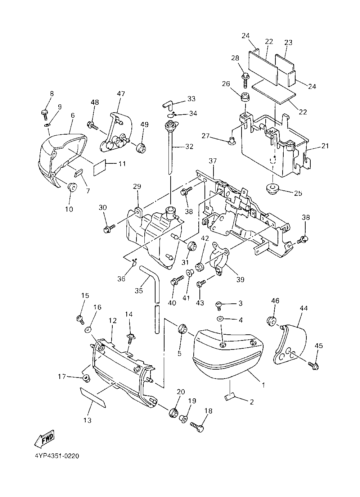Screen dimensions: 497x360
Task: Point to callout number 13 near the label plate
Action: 87,420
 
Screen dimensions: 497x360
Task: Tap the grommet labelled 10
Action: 72,187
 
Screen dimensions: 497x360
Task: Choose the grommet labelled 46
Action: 273,321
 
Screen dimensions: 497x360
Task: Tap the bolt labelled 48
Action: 93,126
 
